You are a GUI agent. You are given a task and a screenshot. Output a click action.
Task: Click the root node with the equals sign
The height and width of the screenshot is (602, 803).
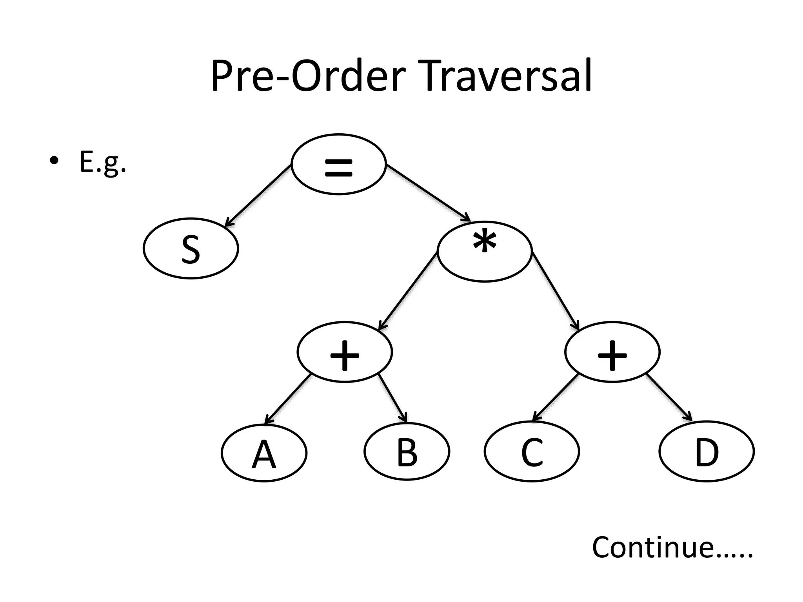[339, 164]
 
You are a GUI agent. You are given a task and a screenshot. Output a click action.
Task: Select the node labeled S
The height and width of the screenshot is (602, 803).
[191, 248]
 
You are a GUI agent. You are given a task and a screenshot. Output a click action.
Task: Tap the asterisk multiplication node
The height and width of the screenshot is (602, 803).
[485, 251]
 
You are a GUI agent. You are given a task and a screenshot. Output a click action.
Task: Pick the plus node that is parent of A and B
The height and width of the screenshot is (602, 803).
[345, 352]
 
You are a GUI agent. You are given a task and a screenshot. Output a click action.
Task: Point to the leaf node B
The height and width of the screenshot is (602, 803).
[407, 452]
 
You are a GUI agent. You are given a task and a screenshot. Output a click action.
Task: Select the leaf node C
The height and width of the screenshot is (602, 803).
[532, 451]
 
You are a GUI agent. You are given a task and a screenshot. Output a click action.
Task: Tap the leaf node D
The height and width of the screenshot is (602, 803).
[707, 451]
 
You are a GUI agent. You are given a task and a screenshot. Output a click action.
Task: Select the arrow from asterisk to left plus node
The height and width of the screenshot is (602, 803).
[408, 292]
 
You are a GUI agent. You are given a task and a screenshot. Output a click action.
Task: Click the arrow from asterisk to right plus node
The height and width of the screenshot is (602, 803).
[555, 292]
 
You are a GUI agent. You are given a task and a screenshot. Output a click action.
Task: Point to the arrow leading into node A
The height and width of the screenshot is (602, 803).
[288, 399]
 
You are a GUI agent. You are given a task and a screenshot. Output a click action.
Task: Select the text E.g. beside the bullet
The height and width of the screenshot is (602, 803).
[103, 162]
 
